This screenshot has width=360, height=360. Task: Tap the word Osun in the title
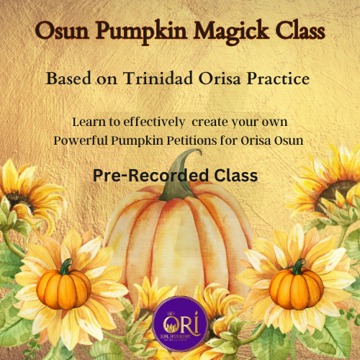[62, 32]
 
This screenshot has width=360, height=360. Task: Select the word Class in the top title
[293, 32]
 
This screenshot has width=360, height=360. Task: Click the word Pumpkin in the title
[136, 32]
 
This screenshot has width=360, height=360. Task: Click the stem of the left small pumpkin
[66, 266]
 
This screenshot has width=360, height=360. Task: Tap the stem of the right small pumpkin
[297, 266]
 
